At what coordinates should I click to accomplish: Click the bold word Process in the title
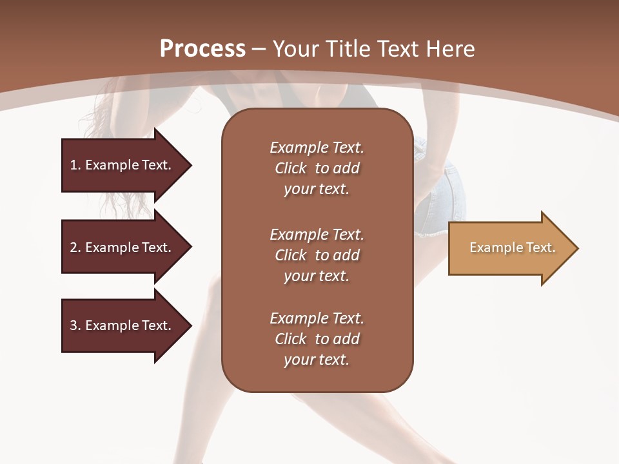pos(202,49)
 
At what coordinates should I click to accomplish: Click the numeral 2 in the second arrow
pos(74,247)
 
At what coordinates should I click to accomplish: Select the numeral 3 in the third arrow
pos(74,325)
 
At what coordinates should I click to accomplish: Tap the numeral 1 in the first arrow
pos(74,165)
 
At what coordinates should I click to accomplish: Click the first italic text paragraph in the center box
pos(317,168)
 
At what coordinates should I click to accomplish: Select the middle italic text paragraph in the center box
pos(317,255)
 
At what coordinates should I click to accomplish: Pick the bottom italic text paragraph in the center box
pos(317,339)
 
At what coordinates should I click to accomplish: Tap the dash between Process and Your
pos(259,49)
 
